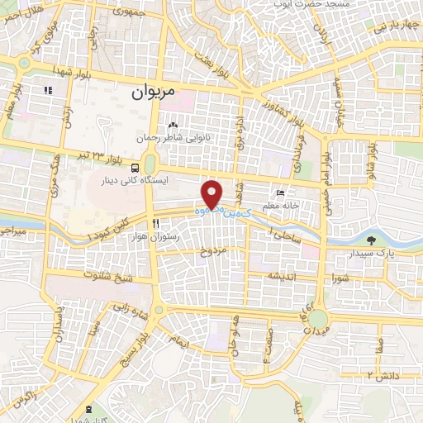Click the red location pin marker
click(x=213, y=195)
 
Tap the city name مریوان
click(x=154, y=93)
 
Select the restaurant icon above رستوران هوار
click(x=155, y=224)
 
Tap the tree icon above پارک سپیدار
click(x=370, y=240)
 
